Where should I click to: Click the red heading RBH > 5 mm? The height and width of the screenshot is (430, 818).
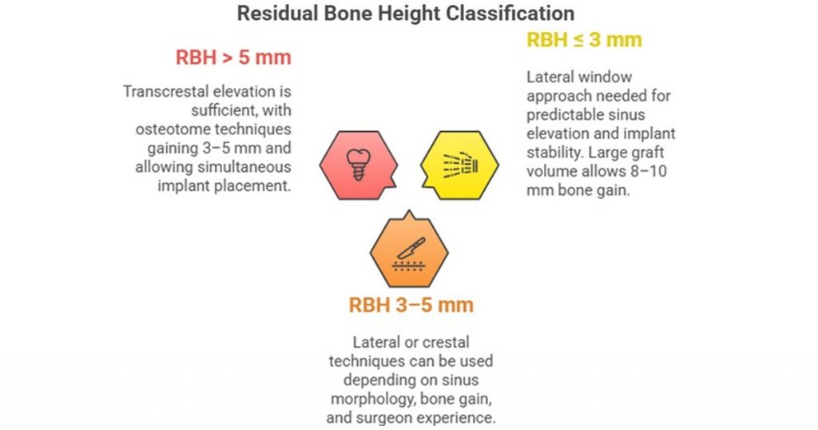(x=233, y=58)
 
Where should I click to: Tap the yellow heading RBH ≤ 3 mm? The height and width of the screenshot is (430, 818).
(x=584, y=40)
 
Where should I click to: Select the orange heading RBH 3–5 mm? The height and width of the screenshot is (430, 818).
(x=411, y=305)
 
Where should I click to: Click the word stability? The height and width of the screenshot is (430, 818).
(x=556, y=153)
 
